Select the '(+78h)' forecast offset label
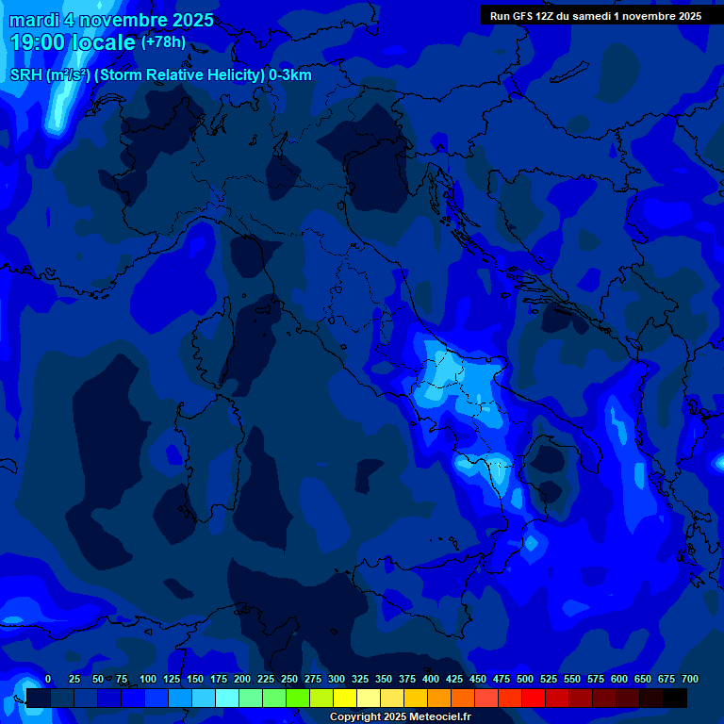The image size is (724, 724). click(x=163, y=41)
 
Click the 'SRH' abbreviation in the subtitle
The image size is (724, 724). click(x=26, y=75)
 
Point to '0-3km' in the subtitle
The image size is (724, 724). click(x=290, y=75)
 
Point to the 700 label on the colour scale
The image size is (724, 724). click(x=689, y=680)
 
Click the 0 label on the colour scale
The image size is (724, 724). click(x=48, y=680)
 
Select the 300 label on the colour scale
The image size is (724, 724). click(x=337, y=680)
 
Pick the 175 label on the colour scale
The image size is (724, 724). click(x=219, y=680)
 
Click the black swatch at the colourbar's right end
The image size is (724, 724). click(x=675, y=699)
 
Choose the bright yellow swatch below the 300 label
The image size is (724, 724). click(x=345, y=699)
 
